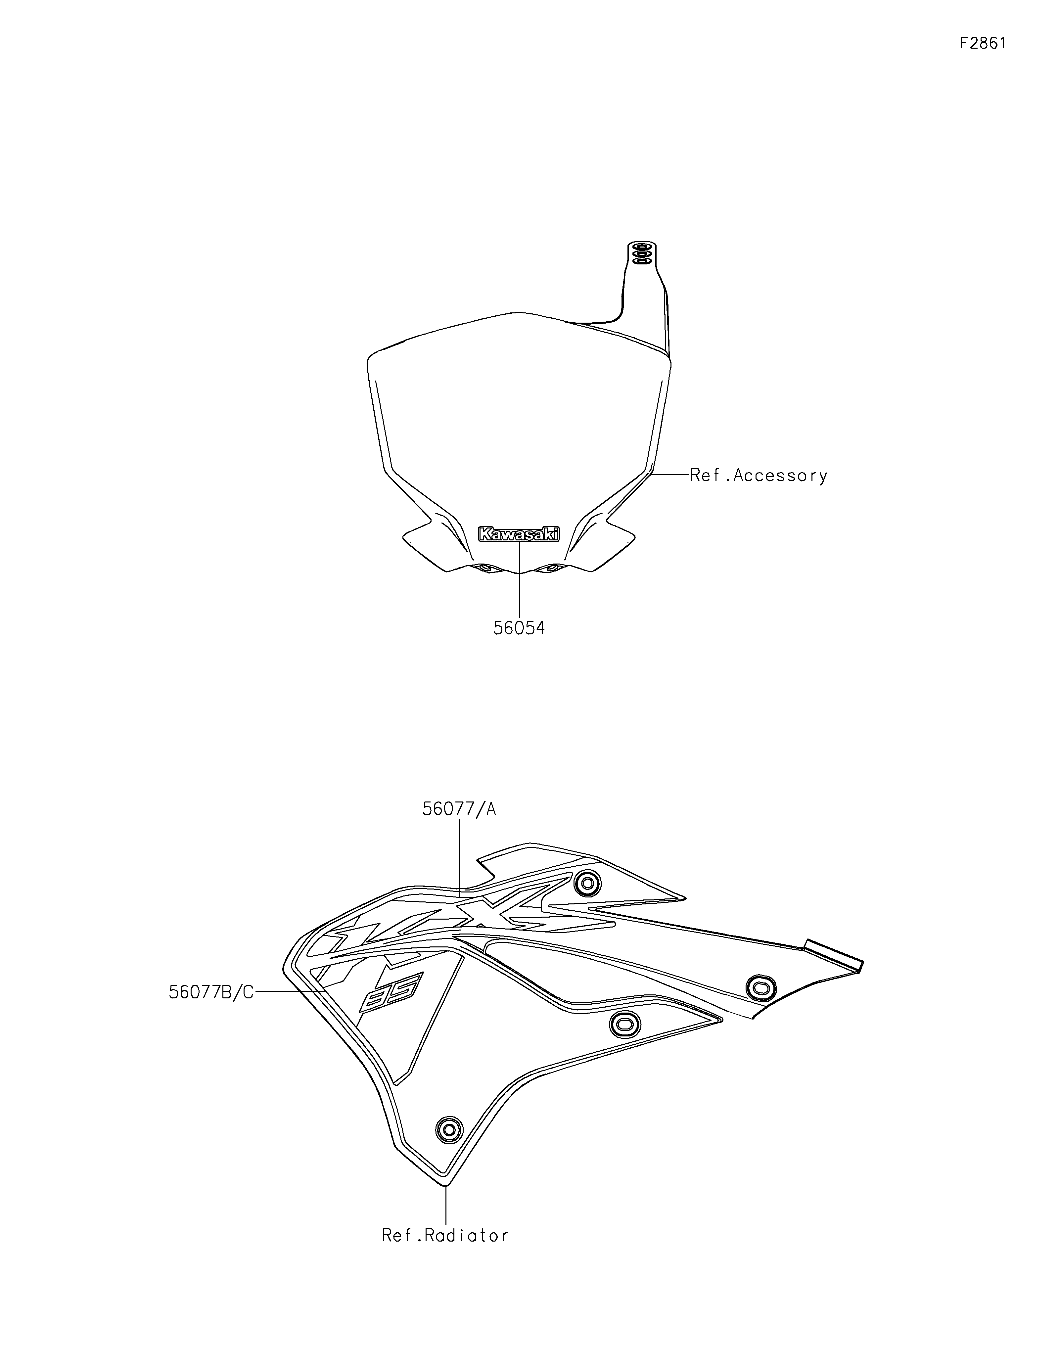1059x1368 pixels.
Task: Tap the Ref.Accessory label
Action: [x=759, y=476]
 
